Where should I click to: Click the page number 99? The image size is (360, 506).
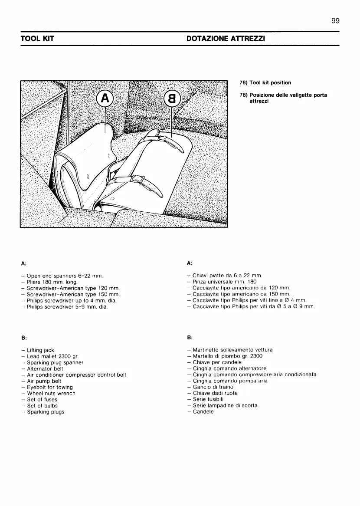coord(334,21)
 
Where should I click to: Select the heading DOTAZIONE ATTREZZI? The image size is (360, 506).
coord(226,39)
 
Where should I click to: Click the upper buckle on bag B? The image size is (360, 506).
coord(163,138)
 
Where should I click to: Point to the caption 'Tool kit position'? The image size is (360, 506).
coord(265,82)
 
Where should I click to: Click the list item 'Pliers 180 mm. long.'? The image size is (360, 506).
coord(52,282)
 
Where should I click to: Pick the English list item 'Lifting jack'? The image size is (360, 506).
coord(40,350)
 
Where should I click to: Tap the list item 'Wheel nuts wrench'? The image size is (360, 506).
coord(51,393)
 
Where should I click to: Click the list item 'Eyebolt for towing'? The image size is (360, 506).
coord(49,387)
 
